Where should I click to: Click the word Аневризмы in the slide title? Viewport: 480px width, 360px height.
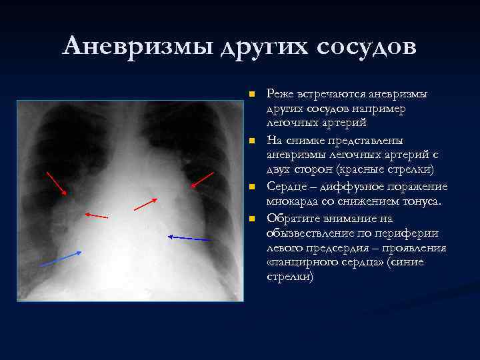[136, 46]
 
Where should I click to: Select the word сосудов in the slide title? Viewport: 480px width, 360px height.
[367, 46]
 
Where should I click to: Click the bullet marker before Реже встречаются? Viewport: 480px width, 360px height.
[251, 94]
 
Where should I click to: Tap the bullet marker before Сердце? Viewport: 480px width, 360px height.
[251, 187]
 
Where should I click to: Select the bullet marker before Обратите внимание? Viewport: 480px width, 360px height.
[251, 219]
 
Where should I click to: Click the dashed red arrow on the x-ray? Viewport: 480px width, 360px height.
[96, 215]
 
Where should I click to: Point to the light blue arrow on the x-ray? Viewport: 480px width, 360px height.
[61, 259]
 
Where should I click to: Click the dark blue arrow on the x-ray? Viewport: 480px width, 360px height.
[189, 237]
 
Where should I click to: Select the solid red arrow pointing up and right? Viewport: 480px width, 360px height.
[145, 204]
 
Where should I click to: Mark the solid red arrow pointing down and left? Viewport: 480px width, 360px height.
[202, 179]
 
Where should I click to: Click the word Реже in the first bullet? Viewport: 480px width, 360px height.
[280, 93]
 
